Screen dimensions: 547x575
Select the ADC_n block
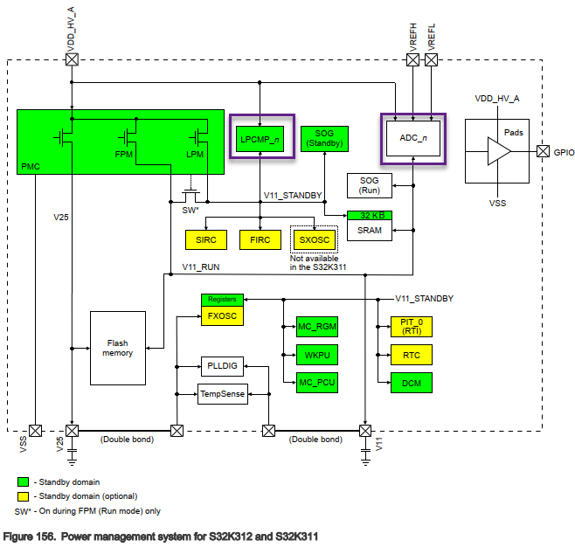[x=412, y=137]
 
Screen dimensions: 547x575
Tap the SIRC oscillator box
[x=206, y=239]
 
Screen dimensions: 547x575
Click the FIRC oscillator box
[x=260, y=239]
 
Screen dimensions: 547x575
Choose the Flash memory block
[x=119, y=348]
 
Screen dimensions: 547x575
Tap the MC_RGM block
[x=317, y=326]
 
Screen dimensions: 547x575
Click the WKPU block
[x=317, y=355]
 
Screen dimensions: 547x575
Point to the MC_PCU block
[x=317, y=382]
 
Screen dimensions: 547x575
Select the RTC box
[x=412, y=355]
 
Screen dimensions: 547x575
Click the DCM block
[x=412, y=382]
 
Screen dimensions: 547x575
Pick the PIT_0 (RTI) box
[x=412, y=326]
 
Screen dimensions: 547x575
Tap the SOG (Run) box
[x=370, y=184]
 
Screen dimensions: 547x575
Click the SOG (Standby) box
[x=324, y=138]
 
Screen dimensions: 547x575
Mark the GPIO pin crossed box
[x=542, y=151]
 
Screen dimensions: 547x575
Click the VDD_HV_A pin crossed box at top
[x=73, y=59]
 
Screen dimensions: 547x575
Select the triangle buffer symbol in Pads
[x=498, y=151]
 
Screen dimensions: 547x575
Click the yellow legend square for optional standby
[x=23, y=496]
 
